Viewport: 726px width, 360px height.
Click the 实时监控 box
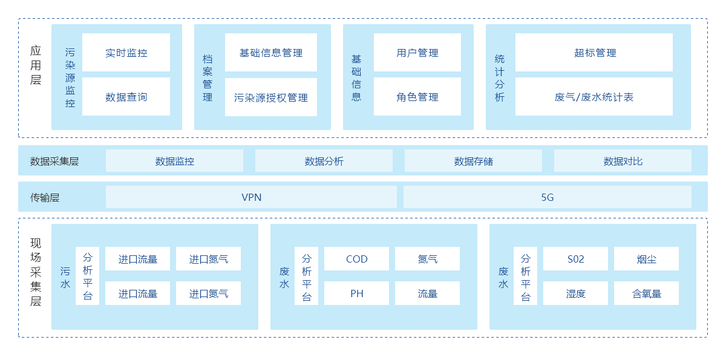click(126, 53)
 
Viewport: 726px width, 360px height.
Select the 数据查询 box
click(126, 97)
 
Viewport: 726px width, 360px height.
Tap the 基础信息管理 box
click(271, 53)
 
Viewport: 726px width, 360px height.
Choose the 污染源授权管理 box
click(271, 97)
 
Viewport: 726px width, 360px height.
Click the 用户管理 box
click(417, 53)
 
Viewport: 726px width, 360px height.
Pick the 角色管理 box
click(417, 97)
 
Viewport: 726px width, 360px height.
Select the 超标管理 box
click(594, 53)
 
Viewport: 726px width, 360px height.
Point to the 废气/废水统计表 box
click(594, 97)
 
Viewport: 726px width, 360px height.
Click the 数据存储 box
click(473, 161)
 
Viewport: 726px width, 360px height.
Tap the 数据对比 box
click(623, 161)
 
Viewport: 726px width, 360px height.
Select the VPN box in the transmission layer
click(251, 197)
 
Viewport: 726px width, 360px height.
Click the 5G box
click(547, 197)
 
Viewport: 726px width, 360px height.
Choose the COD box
click(357, 259)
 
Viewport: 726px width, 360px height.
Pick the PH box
click(357, 293)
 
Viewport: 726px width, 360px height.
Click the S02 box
click(575, 259)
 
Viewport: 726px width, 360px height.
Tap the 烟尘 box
click(646, 259)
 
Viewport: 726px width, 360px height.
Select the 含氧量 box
click(646, 293)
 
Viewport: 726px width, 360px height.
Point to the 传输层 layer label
click(45, 197)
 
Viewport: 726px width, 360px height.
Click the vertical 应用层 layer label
click(36, 65)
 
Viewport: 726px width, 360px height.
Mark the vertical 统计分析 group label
click(499, 78)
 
